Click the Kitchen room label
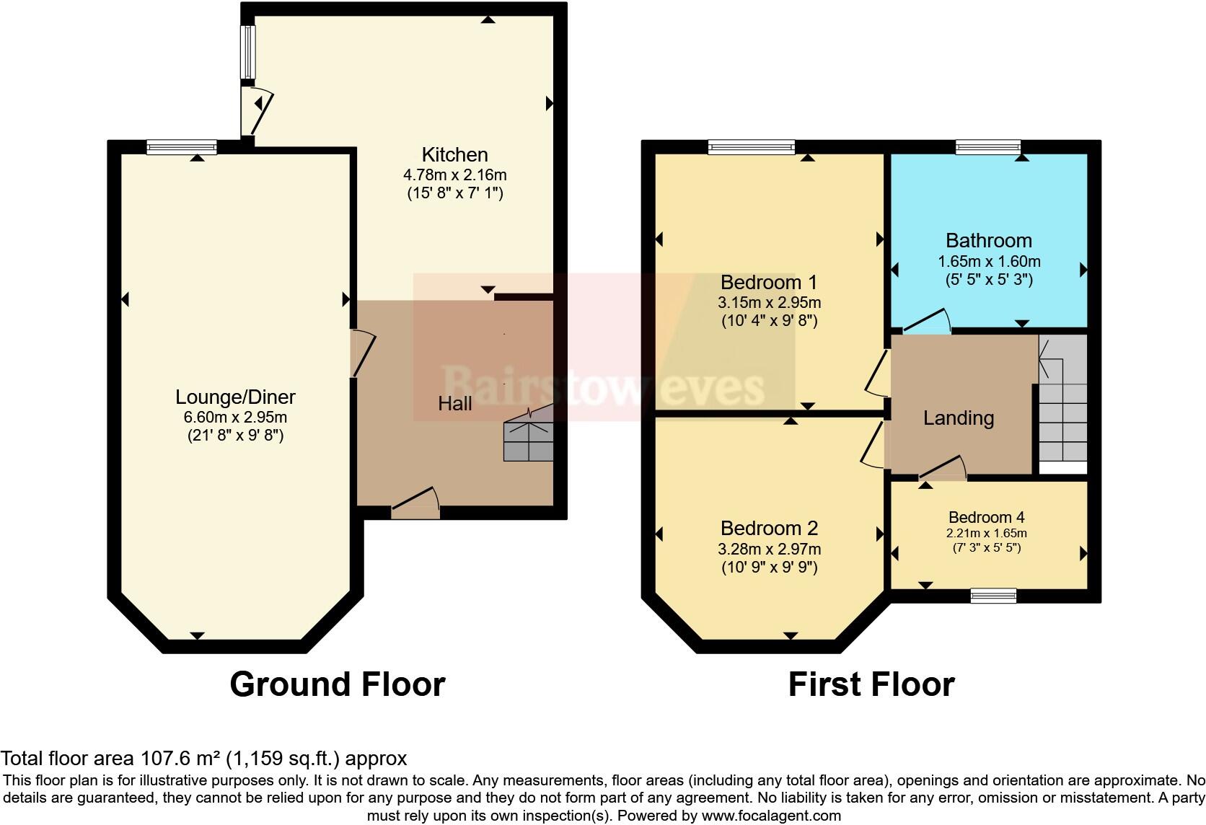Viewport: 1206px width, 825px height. (455, 155)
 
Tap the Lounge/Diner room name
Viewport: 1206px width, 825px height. (235, 397)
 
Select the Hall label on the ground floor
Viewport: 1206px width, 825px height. (455, 404)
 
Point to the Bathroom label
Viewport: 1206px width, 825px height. (989, 241)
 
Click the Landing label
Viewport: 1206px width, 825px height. (959, 418)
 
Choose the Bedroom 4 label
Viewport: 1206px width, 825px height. (986, 517)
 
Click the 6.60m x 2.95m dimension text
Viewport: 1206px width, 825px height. (235, 417)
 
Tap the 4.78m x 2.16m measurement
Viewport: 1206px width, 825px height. (455, 175)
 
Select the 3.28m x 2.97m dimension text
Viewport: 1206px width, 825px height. (770, 549)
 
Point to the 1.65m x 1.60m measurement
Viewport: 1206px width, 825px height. (989, 262)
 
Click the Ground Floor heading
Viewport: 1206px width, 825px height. (338, 684)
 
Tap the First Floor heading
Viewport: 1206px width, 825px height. (871, 684)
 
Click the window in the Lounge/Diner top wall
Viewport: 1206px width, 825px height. (182, 147)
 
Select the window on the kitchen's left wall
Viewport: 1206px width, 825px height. (247, 52)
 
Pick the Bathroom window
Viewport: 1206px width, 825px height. (988, 147)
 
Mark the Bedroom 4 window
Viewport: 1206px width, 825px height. (993, 596)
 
